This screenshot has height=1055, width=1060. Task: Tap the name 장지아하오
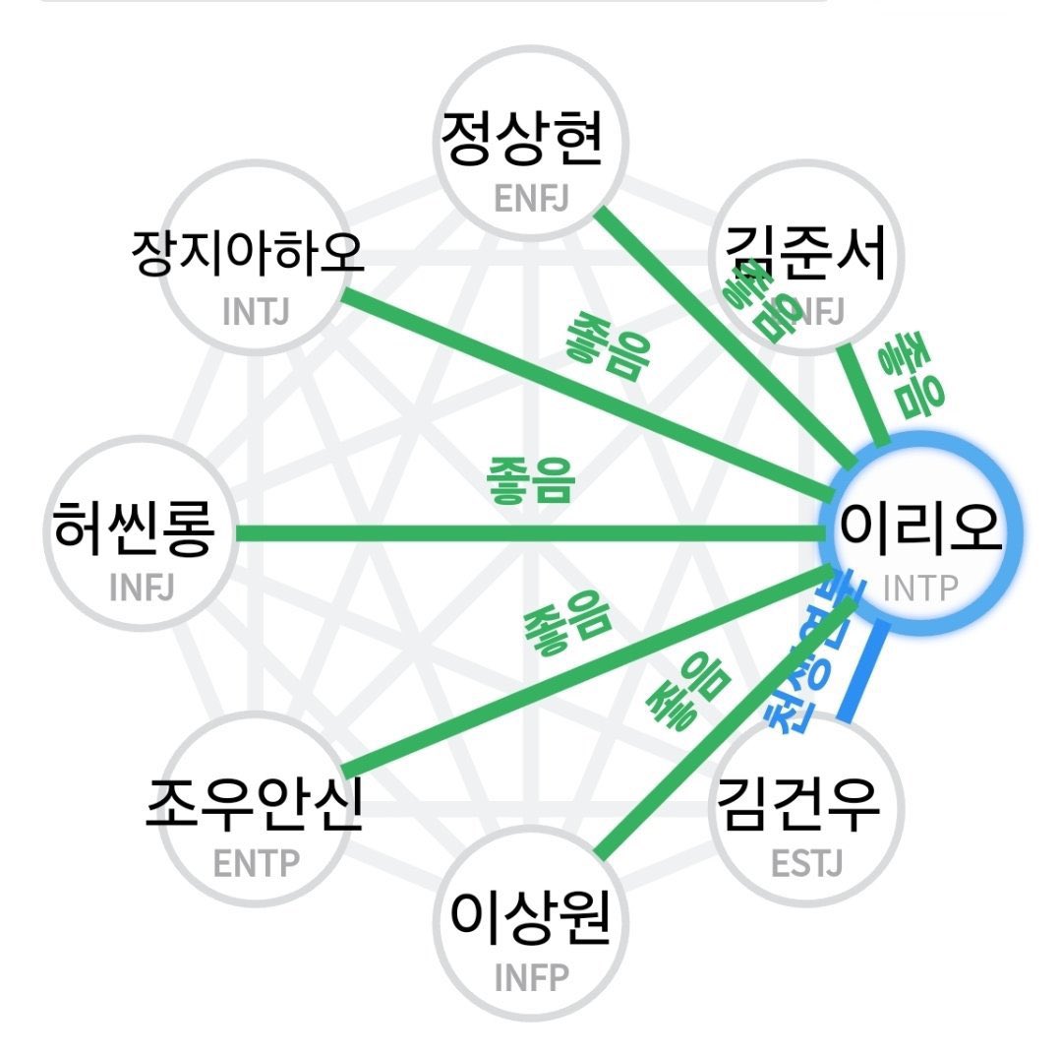click(247, 255)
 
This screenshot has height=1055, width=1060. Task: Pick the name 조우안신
click(255, 805)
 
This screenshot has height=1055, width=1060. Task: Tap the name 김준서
click(805, 253)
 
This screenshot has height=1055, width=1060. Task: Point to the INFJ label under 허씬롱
click(143, 587)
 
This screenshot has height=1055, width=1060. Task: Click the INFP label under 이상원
click(531, 978)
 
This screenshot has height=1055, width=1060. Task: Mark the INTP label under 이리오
click(919, 588)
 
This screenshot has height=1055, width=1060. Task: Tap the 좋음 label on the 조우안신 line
click(568, 628)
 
